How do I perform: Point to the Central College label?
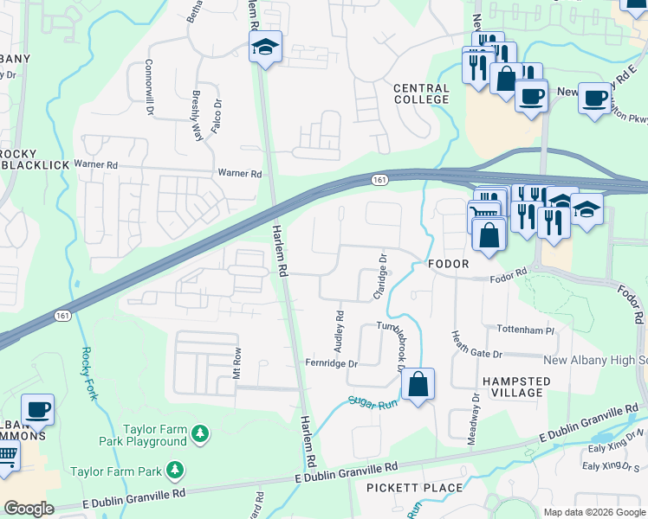coord(421,93)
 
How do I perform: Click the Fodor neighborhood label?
coord(447,263)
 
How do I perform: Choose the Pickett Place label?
coord(414,488)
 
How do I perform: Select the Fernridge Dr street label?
coord(331,364)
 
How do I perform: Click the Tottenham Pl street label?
coord(525,330)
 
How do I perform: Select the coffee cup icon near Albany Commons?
coord(37,409)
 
